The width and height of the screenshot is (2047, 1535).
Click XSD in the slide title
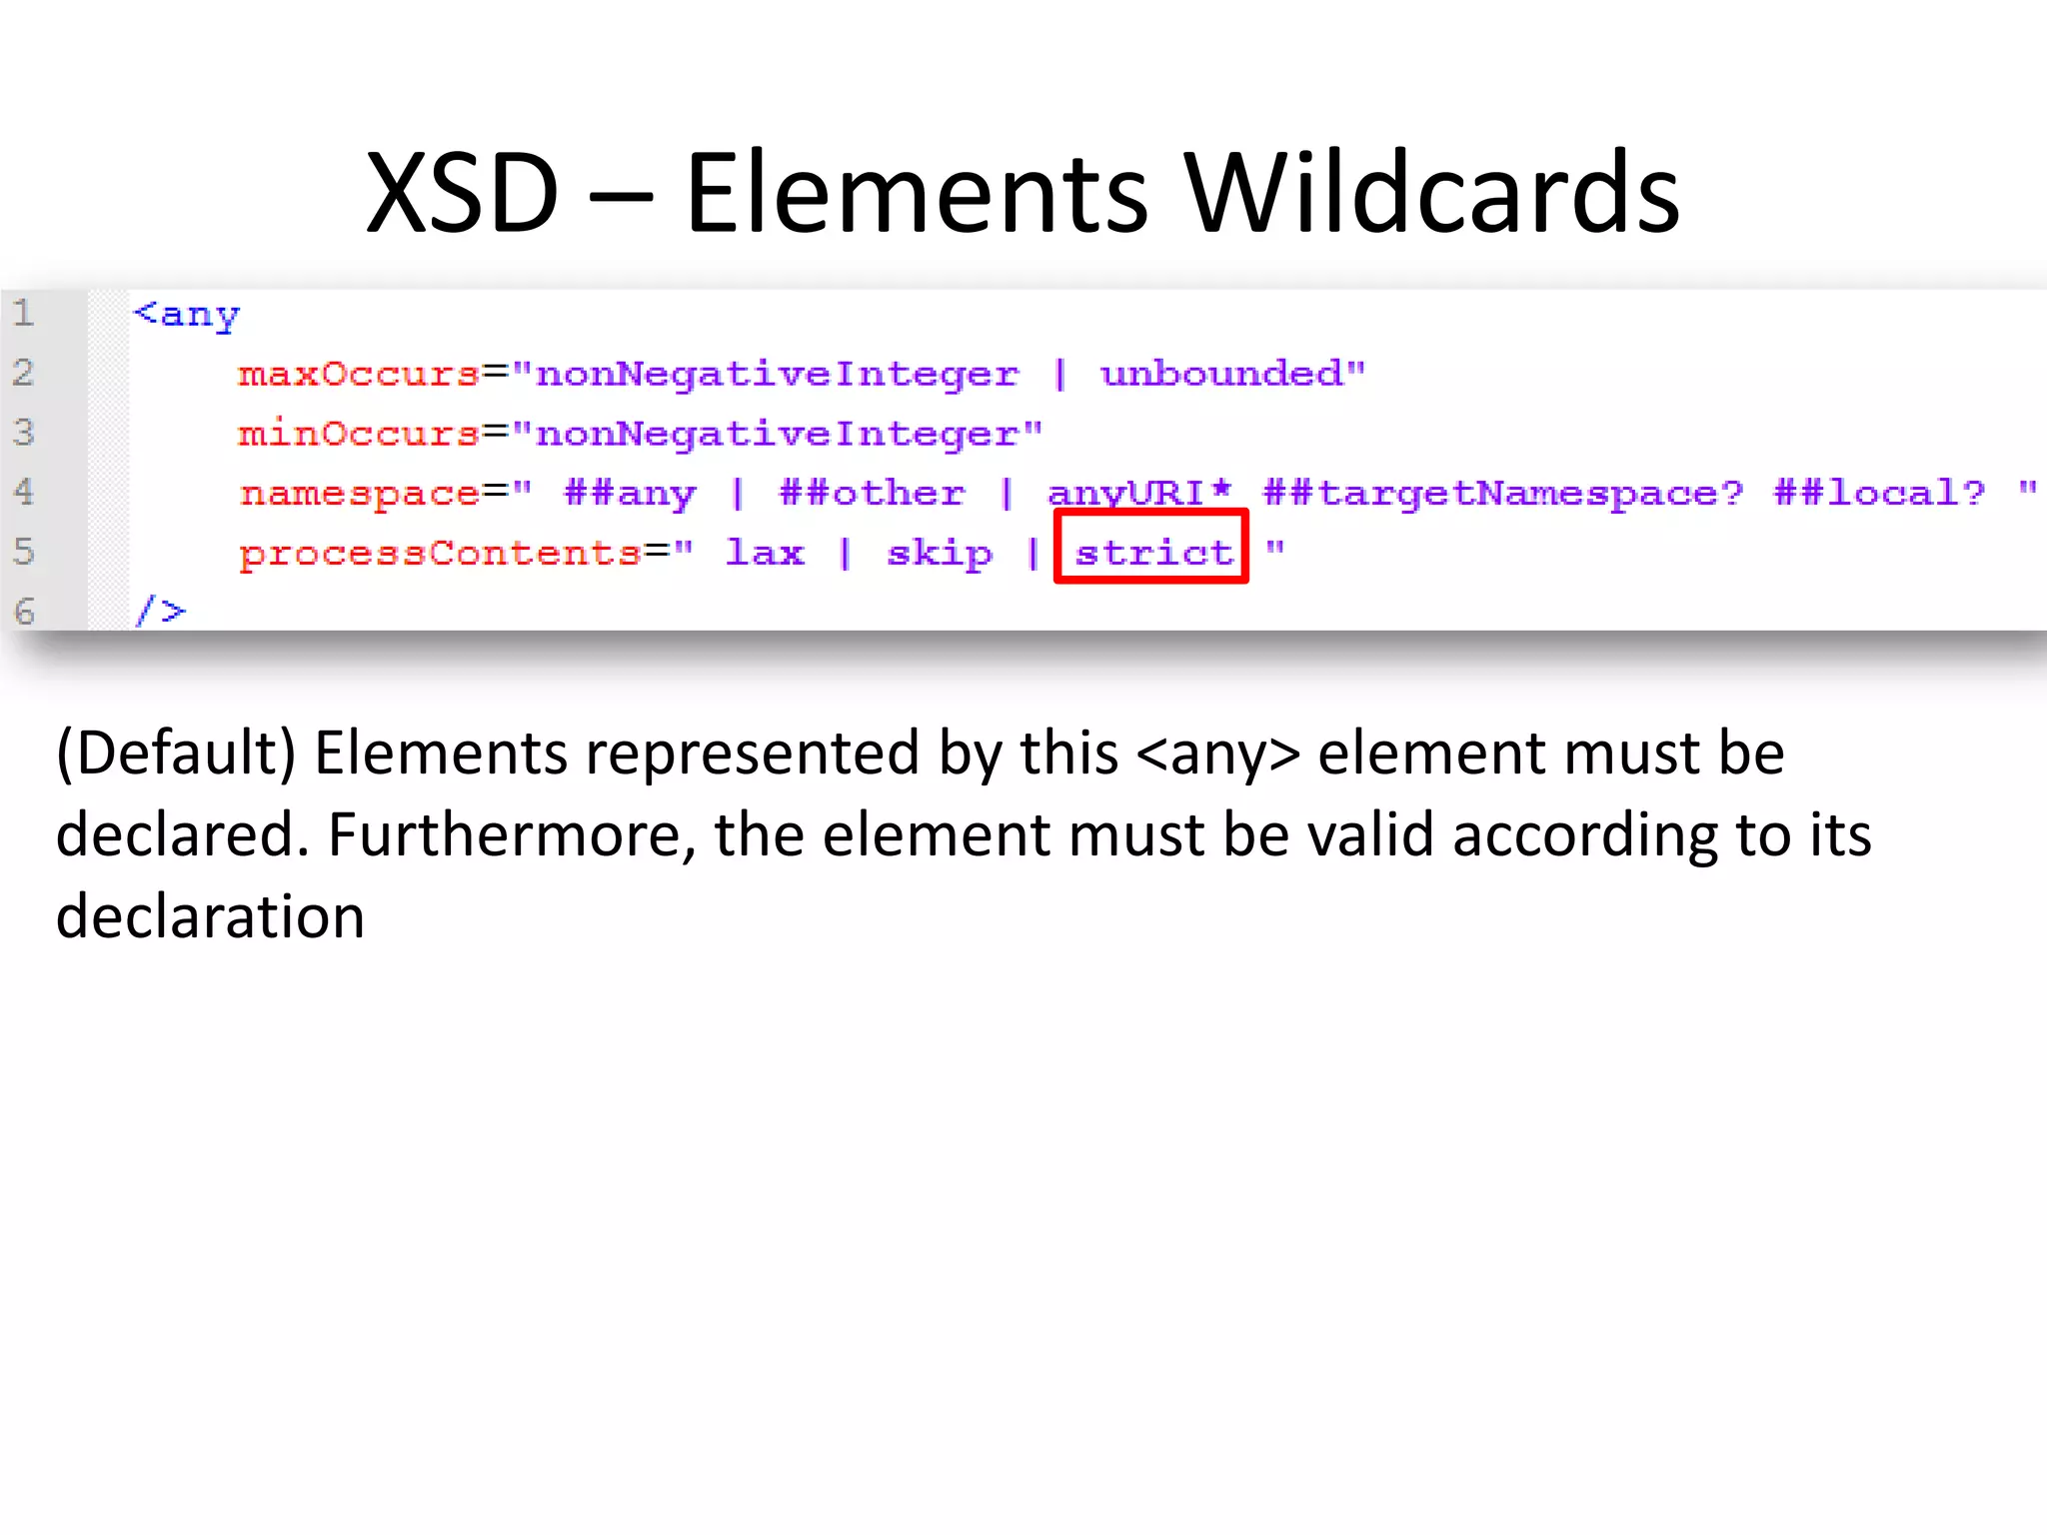click(462, 193)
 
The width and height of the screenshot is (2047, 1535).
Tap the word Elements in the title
click(917, 193)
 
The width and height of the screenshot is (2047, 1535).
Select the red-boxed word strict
click(1152, 552)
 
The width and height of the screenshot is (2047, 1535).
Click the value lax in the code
click(765, 552)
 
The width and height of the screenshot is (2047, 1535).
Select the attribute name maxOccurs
click(359, 374)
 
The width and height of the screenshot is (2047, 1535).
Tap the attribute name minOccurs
click(359, 434)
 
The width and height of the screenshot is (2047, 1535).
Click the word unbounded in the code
click(1222, 374)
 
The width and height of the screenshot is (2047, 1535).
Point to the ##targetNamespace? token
click(1502, 494)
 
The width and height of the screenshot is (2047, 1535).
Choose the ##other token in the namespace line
click(872, 493)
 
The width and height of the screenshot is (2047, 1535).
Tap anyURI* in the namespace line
click(1138, 493)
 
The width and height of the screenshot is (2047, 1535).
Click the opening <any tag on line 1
click(187, 315)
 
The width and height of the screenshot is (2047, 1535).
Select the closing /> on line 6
click(161, 610)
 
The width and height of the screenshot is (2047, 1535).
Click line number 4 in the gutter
click(24, 492)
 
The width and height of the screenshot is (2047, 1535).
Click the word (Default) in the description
click(176, 754)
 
